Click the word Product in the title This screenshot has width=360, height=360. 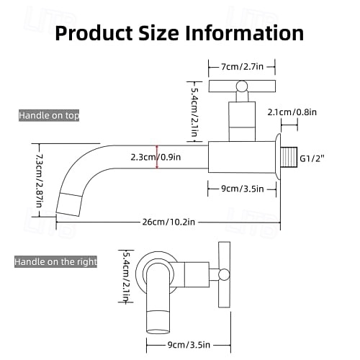pyautogui.click(x=94, y=33)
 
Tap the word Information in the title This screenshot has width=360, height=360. pyautogui.click(x=245, y=33)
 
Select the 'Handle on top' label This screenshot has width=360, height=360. pyautogui.click(x=49, y=115)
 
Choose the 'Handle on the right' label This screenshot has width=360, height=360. pyautogui.click(x=55, y=261)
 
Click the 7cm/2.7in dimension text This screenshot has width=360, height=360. pyautogui.click(x=242, y=66)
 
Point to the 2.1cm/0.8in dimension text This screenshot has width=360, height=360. pyautogui.click(x=292, y=112)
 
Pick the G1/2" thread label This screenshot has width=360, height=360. pyautogui.click(x=312, y=158)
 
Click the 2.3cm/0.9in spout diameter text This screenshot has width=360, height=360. pyautogui.click(x=156, y=157)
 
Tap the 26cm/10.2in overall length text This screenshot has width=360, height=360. pyautogui.click(x=168, y=222)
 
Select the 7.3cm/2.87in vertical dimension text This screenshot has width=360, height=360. pyautogui.click(x=40, y=181)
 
